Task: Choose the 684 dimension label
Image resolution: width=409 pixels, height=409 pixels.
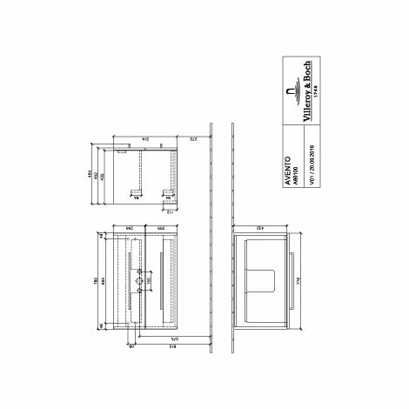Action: (104, 283)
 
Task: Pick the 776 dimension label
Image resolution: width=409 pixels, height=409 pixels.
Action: (298, 283)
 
